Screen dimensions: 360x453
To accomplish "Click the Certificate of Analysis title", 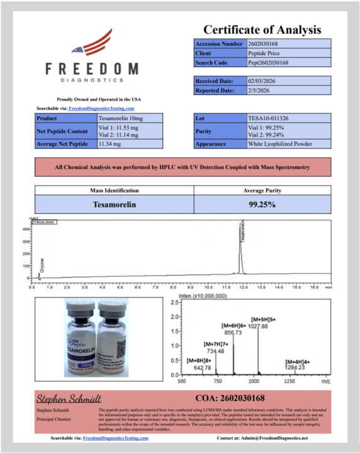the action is click(x=261, y=30).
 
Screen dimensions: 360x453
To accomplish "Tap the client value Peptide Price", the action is click(x=263, y=53).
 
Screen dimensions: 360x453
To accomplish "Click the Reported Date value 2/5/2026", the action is click(x=258, y=90).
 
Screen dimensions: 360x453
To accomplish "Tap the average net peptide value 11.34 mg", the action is click(x=110, y=143).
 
